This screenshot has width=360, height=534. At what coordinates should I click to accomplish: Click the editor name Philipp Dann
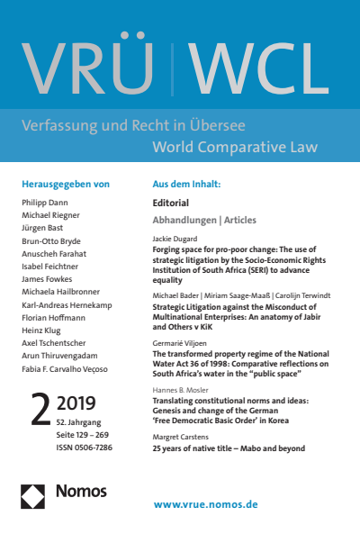45,204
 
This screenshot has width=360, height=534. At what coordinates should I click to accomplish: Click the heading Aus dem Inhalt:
187,184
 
